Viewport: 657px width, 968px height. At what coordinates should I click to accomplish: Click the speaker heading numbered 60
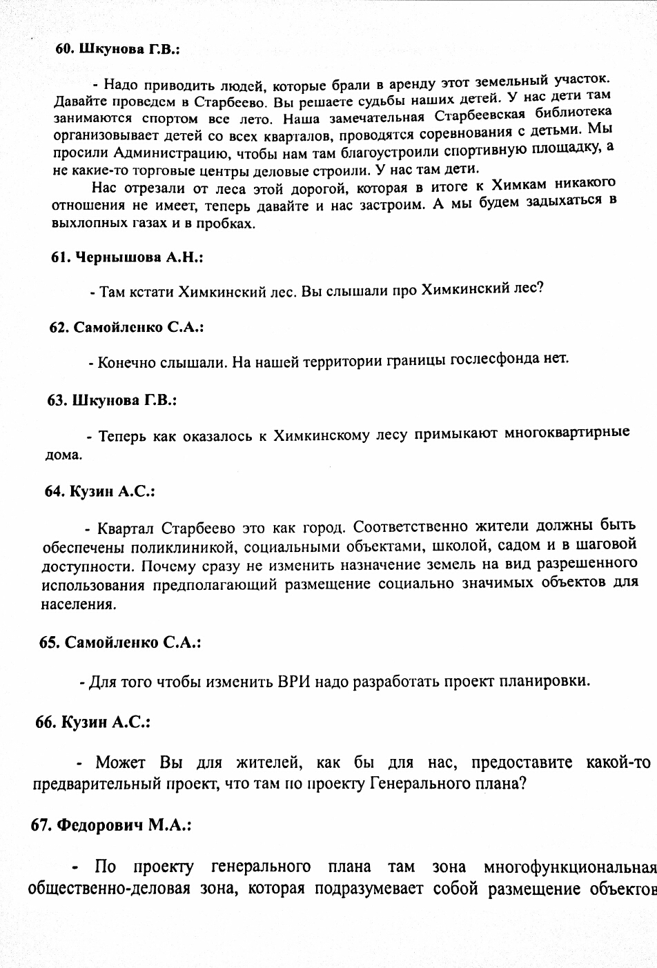[x=117, y=49]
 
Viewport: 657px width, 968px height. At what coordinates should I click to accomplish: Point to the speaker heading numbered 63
[x=112, y=400]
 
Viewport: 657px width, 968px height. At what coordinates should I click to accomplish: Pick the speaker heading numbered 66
[x=93, y=722]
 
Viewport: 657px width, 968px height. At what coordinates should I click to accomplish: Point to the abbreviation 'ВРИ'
[x=295, y=682]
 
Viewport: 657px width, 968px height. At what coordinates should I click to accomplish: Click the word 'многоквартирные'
[x=567, y=433]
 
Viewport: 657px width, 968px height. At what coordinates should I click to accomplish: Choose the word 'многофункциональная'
[x=569, y=866]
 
